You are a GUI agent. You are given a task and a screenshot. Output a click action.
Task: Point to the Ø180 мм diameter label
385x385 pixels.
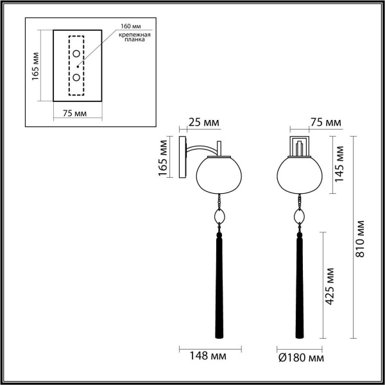point(298,357)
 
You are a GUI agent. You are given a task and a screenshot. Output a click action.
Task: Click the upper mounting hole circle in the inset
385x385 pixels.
point(76,53)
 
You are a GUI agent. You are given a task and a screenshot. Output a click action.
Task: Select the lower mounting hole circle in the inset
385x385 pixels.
point(76,78)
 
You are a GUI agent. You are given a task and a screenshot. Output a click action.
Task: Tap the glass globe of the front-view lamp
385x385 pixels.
point(298,174)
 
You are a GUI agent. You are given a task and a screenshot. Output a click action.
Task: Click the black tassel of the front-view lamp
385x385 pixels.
point(298,282)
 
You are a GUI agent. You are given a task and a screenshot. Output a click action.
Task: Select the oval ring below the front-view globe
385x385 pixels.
point(298,217)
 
